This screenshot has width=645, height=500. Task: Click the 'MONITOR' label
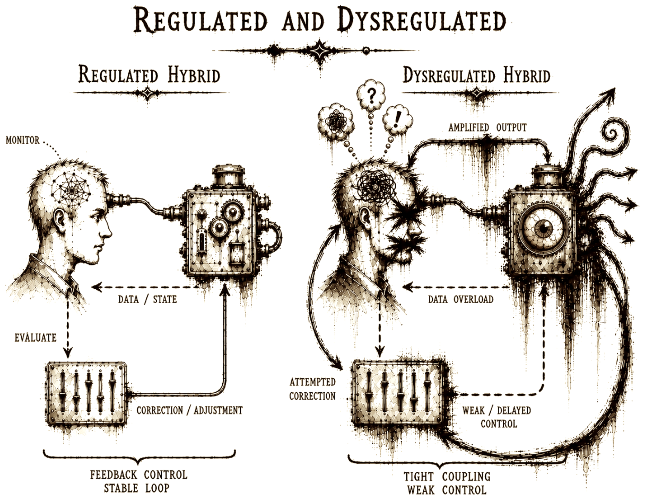click(23, 140)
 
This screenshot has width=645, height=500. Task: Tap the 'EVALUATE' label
click(36, 338)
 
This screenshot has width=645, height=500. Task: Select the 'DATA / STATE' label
click(147, 299)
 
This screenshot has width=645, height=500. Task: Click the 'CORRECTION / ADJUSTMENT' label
click(189, 410)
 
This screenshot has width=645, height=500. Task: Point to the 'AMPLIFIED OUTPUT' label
click(487, 127)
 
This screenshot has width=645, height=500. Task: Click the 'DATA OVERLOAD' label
click(460, 299)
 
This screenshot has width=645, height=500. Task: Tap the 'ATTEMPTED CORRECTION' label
click(312, 389)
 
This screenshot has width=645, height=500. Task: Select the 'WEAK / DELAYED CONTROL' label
click(497, 417)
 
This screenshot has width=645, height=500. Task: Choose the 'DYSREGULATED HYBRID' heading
click(476, 75)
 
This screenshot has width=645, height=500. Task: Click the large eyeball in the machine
click(543, 229)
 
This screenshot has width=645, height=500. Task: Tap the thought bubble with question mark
click(371, 95)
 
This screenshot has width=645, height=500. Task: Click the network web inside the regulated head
click(71, 189)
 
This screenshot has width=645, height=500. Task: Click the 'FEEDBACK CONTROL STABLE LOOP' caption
click(138, 481)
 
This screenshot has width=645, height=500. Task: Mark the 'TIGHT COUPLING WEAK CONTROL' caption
click(447, 483)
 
